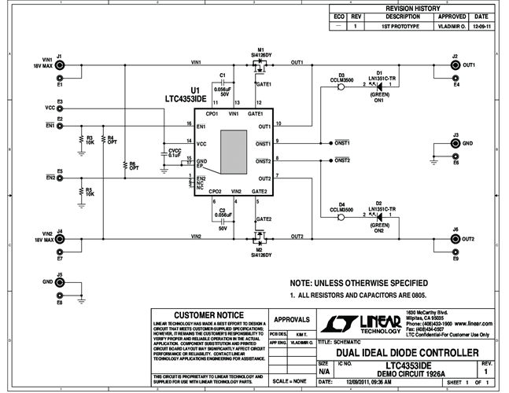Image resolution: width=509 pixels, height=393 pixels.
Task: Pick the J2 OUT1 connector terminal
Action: pos(455,64)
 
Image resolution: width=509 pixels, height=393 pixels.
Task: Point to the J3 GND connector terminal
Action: pos(455,145)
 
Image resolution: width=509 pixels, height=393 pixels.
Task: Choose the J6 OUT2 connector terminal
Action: pos(455,238)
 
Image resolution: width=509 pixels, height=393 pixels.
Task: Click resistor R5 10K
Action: pos(80,191)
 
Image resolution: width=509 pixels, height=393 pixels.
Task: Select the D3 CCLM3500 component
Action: pos(341,84)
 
